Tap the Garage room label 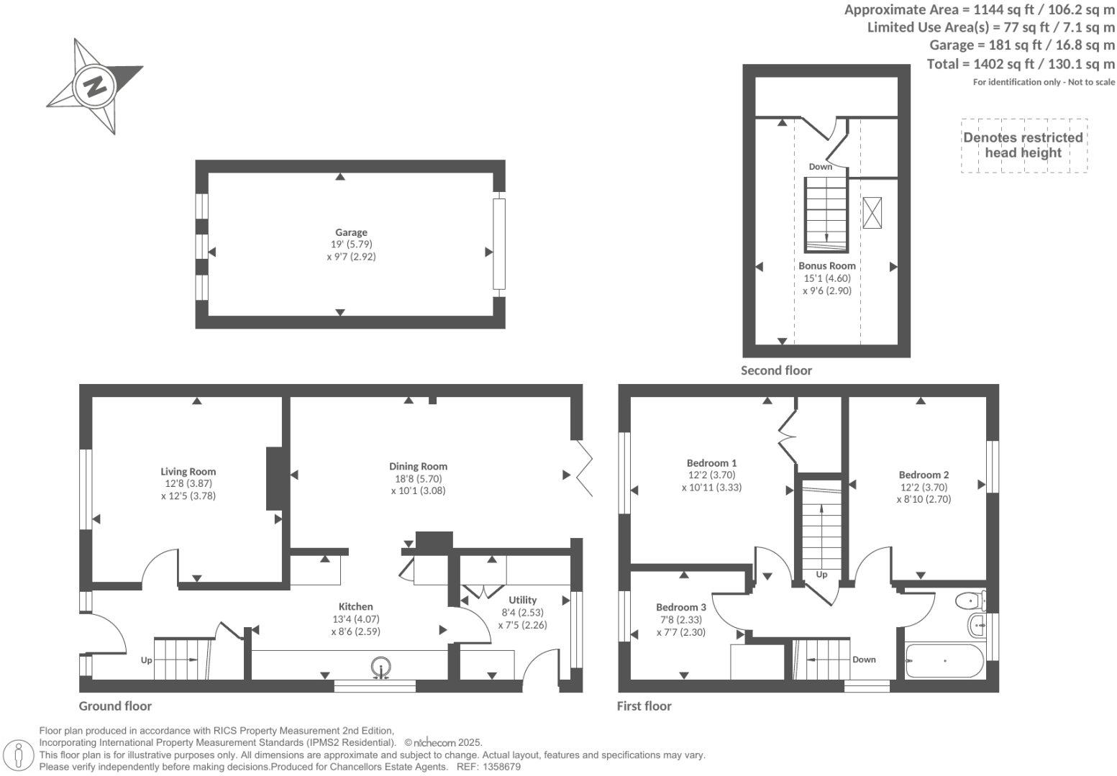[351, 232]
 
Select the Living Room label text [188, 472]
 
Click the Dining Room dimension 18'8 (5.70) [418, 478]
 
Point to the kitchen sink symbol [381, 667]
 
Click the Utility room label [522, 600]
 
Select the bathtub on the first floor [944, 660]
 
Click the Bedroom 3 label [680, 607]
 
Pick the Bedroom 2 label [924, 475]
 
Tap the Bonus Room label [826, 265]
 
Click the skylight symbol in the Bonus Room [872, 213]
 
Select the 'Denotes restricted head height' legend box [1023, 145]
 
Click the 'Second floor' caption [776, 370]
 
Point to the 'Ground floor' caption [115, 706]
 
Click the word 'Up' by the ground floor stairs [147, 659]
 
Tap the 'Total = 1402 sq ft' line [1021, 64]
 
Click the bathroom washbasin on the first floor [977, 625]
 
